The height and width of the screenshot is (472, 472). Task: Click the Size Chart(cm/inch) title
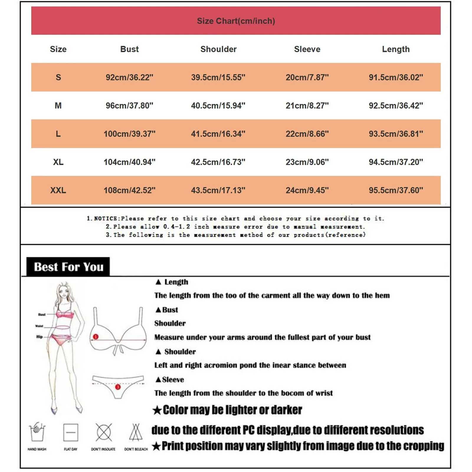point(236,21)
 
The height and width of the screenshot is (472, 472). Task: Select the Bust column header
point(129,49)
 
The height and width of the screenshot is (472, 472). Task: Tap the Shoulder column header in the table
point(218,49)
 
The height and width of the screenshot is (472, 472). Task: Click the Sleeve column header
point(307,49)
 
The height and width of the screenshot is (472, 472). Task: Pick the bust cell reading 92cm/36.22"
point(129,77)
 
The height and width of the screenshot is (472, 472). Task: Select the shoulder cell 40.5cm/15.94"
point(218,106)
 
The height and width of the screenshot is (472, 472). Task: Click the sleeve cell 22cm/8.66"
point(307,134)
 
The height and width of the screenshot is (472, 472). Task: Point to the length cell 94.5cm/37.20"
point(396,162)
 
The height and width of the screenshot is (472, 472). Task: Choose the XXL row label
point(58,190)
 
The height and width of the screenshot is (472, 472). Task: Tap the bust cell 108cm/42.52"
point(129,190)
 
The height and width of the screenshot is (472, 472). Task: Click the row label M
point(58,106)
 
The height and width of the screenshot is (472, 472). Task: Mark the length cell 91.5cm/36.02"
point(396,77)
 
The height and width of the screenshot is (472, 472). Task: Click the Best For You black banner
point(68,267)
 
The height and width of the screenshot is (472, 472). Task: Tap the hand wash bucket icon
point(37,432)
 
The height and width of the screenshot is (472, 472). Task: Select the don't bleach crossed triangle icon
point(136,432)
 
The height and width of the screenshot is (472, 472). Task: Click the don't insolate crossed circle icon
point(104,432)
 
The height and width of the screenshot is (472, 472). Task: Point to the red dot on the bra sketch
point(96,337)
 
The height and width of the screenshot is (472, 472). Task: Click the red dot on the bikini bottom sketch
point(118,387)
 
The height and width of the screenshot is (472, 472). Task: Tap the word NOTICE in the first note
point(106,219)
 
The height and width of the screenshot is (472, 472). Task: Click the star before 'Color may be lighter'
point(157,410)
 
